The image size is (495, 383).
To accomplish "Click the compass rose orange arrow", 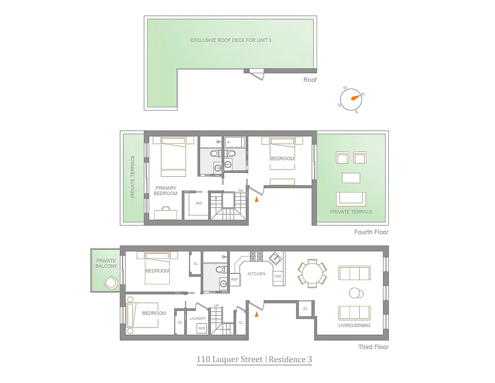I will pos(354,97).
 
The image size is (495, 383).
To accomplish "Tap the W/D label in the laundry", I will pos(202,328).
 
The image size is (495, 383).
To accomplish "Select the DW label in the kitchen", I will pos(278,277).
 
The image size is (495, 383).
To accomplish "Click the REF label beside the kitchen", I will pos(234,279).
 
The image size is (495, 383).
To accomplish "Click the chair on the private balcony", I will pos(111,282).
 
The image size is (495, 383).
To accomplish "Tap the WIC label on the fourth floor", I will pos(199,203).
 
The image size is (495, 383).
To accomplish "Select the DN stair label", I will pos(241,191).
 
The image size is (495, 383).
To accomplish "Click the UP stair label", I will pos(216,305).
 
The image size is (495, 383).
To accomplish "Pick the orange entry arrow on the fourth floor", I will pos(257,199).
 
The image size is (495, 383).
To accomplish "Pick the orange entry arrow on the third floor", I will pos(257,314).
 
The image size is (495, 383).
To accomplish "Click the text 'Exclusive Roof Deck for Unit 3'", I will pos(231,40).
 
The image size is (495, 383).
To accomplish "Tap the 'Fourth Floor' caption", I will pos(371,232).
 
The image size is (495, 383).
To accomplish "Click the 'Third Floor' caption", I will pos(373,347).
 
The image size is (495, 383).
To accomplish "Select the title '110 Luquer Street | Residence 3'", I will pos(254,360).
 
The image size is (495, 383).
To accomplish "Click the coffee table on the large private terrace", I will pos(351,178).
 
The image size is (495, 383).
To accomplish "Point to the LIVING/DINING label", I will pos(354,326).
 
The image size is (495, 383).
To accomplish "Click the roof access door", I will pos(257,74).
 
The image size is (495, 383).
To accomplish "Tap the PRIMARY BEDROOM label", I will pos(165,191).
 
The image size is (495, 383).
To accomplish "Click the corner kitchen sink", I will pos(275,259).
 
